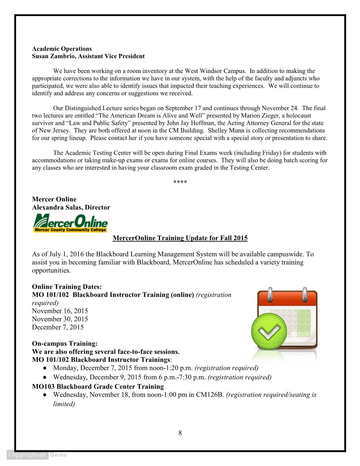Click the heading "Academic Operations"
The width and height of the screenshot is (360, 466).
point(62,49)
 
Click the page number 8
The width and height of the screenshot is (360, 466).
point(180,433)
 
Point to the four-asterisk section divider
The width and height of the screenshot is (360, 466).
point(180,183)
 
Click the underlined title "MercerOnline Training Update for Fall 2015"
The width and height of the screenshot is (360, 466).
point(180,238)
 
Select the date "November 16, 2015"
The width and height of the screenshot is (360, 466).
point(60,311)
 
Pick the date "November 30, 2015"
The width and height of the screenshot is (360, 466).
point(60,319)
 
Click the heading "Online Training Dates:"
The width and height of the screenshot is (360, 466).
point(67,287)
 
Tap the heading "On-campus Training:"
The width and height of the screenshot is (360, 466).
point(65,344)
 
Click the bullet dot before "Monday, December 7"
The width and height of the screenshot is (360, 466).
point(44,368)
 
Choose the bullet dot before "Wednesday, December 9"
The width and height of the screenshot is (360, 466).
point(44,378)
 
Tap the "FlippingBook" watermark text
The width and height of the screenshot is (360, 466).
point(28,455)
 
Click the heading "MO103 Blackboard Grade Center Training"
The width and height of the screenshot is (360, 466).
point(98,387)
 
